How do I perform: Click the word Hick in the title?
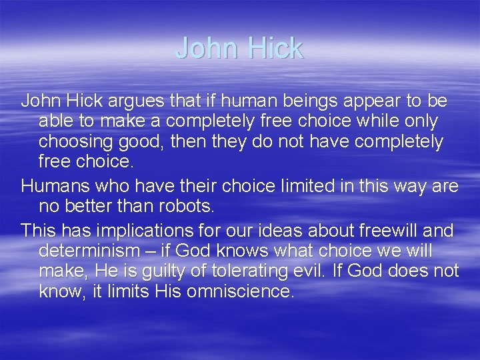tap(275, 48)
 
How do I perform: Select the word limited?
tap(293, 186)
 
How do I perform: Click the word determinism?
tap(94, 251)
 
